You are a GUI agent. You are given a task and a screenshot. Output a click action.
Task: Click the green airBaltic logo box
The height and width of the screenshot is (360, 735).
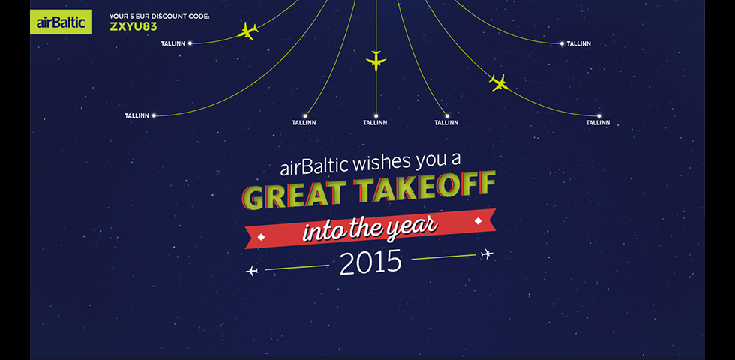pyautogui.click(x=61, y=22)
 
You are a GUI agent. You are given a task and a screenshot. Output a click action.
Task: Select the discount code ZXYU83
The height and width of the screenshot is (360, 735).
pyautogui.click(x=133, y=27)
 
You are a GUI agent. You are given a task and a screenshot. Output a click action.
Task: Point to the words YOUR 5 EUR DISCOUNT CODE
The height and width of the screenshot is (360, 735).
pyautogui.click(x=159, y=16)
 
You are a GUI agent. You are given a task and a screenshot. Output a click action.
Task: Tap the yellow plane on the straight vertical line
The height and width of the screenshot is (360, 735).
pyautogui.click(x=376, y=61)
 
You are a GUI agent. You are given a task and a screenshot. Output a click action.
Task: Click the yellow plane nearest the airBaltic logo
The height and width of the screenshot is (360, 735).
pyautogui.click(x=248, y=31)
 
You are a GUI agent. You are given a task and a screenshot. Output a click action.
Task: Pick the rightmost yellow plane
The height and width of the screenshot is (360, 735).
pyautogui.click(x=499, y=82)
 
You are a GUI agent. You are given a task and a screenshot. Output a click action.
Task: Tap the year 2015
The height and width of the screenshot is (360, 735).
pyautogui.click(x=370, y=262)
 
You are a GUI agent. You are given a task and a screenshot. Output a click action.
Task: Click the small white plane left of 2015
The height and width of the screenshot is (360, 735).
pyautogui.click(x=252, y=271)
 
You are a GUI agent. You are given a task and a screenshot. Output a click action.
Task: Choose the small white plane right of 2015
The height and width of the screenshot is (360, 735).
pyautogui.click(x=487, y=254)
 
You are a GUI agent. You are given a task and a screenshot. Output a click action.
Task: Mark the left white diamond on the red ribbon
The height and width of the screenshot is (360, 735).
pyautogui.click(x=261, y=237)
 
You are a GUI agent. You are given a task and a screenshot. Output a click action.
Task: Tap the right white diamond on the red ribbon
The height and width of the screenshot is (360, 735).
pyautogui.click(x=478, y=220)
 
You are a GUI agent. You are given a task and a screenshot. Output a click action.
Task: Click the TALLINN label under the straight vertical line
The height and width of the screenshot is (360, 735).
pyautogui.click(x=375, y=123)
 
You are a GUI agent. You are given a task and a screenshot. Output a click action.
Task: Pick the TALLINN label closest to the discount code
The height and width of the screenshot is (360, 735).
pyautogui.click(x=173, y=43)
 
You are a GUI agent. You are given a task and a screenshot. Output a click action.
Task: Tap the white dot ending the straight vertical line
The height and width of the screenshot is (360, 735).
pyautogui.click(x=376, y=115)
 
